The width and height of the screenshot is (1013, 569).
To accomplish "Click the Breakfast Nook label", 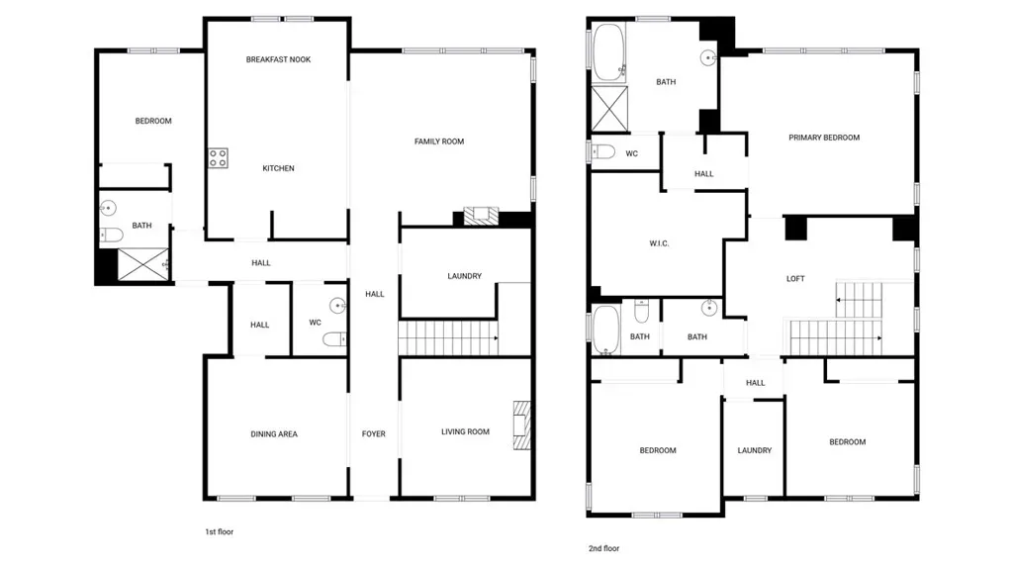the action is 278,59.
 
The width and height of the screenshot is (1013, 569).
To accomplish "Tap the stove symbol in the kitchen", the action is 218,158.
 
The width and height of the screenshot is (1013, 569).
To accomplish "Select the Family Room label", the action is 439,142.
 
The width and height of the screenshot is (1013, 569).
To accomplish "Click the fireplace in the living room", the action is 522,426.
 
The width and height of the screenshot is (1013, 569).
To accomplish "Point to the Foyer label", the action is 373,434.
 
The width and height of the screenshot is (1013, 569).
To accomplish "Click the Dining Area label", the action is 274,434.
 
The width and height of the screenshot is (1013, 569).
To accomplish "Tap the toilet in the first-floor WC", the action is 334,339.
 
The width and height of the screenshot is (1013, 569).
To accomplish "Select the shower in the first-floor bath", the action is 142,264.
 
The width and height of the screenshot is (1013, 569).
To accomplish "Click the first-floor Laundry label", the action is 465,276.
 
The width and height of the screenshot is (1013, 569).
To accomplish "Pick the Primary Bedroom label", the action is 824,138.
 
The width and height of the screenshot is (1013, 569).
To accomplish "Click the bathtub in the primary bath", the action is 609,52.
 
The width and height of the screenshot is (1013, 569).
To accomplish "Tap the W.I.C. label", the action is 659,243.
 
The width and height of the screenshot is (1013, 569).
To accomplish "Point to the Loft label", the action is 795,279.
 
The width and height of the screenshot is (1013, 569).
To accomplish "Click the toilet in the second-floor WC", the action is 602,152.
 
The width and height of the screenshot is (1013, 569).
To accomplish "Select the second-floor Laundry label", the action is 755,450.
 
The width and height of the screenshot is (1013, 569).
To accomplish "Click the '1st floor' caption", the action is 219,532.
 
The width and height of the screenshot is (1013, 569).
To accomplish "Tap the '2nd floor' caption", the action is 604,549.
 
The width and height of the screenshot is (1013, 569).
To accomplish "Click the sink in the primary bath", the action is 708,58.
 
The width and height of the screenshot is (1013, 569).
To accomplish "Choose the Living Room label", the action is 465,431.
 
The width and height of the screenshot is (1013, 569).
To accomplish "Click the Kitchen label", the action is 278,169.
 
